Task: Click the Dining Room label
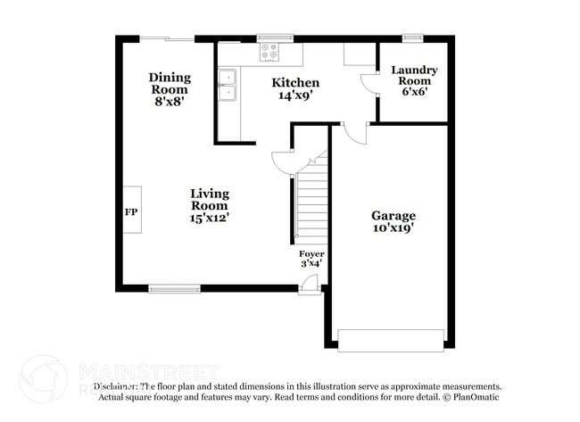click(169, 89)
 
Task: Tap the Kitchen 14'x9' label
click(295, 88)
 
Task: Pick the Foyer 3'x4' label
click(311, 258)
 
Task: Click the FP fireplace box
click(130, 210)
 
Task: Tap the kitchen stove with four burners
click(269, 54)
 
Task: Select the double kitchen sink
click(228, 85)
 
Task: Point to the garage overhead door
click(390, 340)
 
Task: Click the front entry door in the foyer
click(308, 285)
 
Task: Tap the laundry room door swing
click(368, 83)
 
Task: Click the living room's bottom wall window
click(174, 288)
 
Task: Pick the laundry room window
click(412, 37)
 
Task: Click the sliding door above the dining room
click(167, 38)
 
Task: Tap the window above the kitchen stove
click(269, 37)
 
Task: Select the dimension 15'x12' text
click(210, 218)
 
